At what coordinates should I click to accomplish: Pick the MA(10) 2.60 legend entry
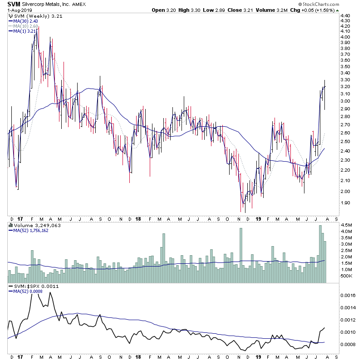[27, 26]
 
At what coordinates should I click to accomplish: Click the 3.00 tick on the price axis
[345, 101]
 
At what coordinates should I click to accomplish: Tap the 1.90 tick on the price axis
[345, 203]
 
